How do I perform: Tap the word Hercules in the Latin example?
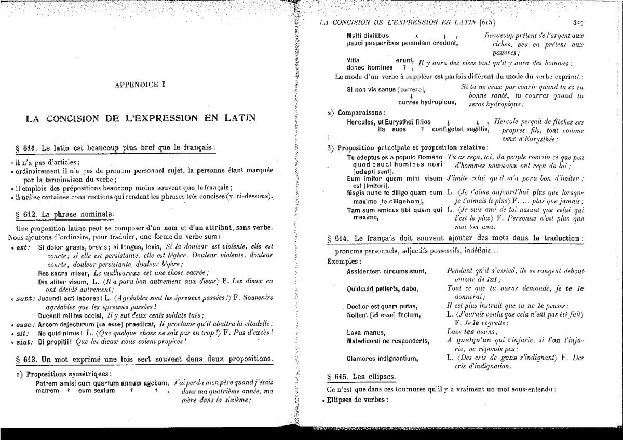pyautogui.click(x=361, y=121)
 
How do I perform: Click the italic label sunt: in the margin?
pyautogui.click(x=24, y=298)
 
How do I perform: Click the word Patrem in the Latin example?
pyautogui.click(x=46, y=383)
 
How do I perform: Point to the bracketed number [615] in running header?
pyautogui.click(x=487, y=22)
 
